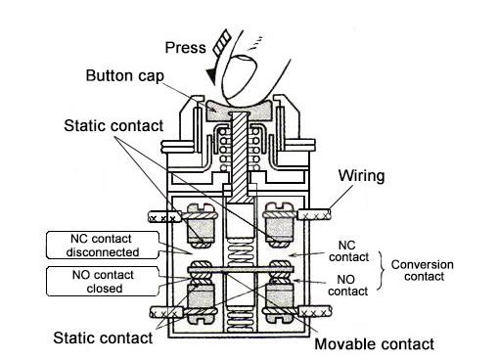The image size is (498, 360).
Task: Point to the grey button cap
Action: tap(240, 109)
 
